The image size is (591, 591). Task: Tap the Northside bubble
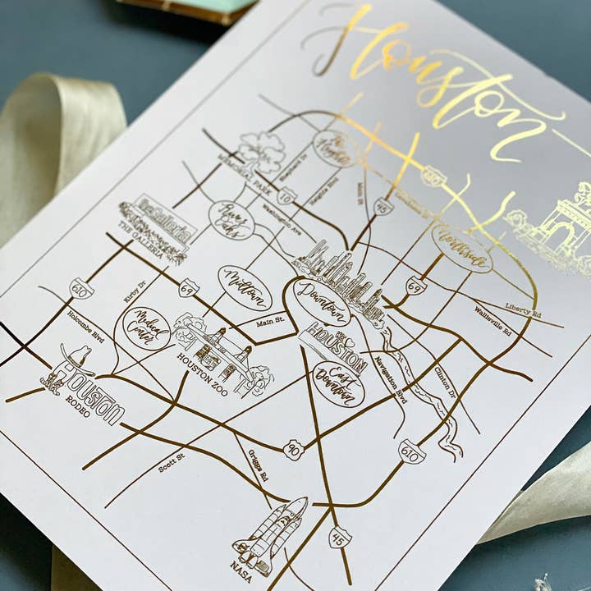pyautogui.click(x=461, y=248)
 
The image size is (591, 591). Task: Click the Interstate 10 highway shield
pyautogui.click(x=286, y=195)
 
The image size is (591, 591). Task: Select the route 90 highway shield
pyautogui.click(x=293, y=449)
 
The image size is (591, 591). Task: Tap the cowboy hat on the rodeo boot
pyautogui.click(x=76, y=357)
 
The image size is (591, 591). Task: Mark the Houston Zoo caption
pyautogui.click(x=204, y=360)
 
